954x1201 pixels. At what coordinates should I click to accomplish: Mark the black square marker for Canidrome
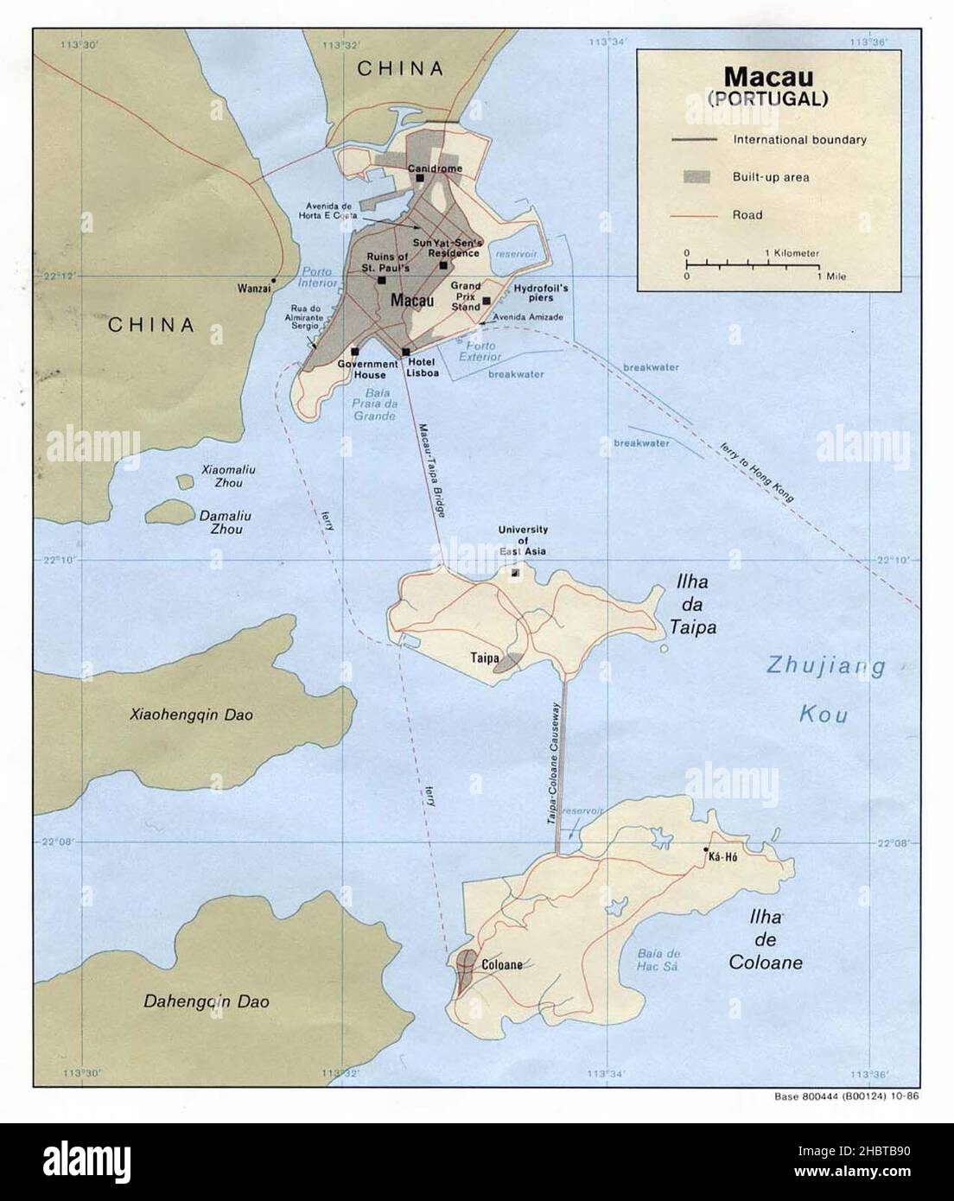[420, 178]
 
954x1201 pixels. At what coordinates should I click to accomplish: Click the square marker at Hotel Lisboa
[406, 352]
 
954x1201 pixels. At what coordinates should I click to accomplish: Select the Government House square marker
[355, 352]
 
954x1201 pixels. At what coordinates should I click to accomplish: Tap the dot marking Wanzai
[273, 281]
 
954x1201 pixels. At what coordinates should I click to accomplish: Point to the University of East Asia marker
[516, 571]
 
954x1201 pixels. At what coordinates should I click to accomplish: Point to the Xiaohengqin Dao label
[192, 715]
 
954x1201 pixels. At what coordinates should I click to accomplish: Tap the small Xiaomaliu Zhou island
[184, 481]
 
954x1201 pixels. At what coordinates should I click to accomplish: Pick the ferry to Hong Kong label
[755, 472]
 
